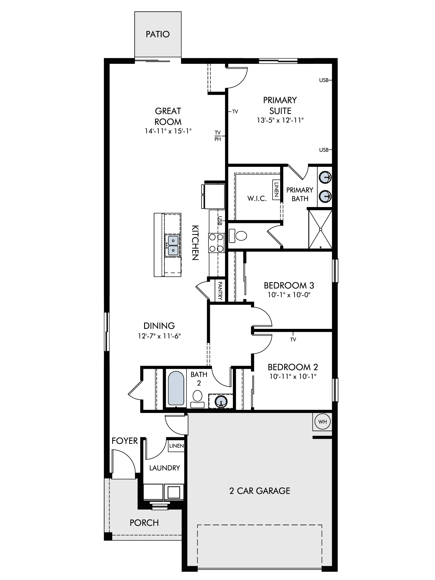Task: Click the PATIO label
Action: (157, 34)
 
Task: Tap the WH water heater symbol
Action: (322, 422)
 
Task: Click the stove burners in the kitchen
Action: (216, 243)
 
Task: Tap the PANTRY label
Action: (220, 291)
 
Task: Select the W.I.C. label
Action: (257, 199)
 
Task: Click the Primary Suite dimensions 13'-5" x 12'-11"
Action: (280, 120)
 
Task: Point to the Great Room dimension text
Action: (168, 131)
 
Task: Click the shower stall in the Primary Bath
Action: (320, 229)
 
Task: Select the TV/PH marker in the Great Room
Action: (218, 136)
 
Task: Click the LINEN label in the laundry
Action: (176, 446)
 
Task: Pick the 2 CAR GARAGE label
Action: (260, 491)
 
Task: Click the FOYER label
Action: (125, 441)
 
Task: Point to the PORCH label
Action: (144, 523)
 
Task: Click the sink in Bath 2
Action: (221, 402)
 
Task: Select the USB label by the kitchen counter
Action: (220, 221)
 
